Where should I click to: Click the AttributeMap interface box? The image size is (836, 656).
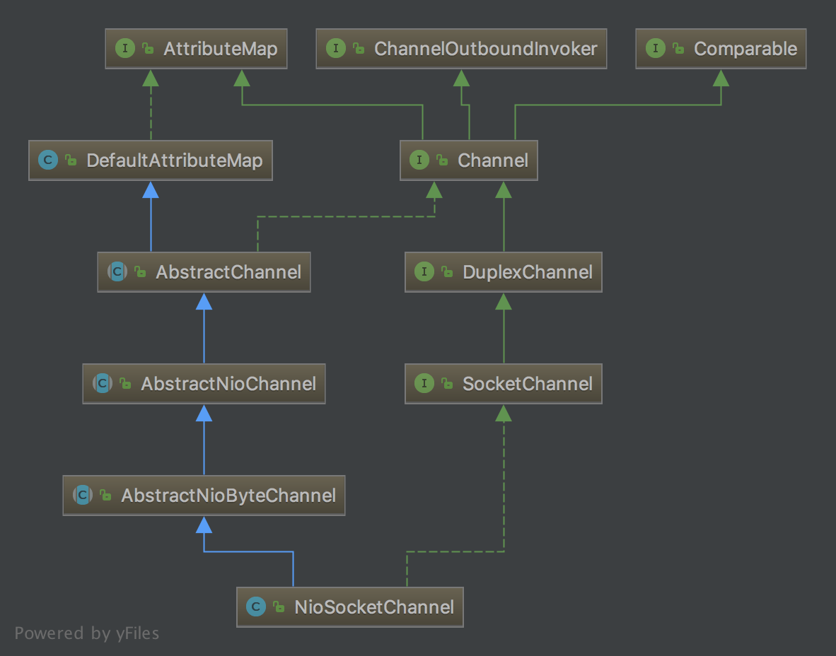[196, 49]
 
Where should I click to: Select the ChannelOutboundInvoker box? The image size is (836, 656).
[461, 49]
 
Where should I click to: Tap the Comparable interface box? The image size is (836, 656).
[721, 49]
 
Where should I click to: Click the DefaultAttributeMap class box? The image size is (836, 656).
[151, 160]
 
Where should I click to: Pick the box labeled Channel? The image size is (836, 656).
[469, 160]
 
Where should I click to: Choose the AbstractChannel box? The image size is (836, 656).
[204, 271]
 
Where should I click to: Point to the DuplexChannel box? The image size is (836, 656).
[504, 271]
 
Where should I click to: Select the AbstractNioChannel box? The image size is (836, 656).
[204, 384]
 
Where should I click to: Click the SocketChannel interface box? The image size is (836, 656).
[504, 384]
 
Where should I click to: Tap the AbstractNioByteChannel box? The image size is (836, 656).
[204, 495]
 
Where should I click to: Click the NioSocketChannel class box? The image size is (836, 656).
[350, 607]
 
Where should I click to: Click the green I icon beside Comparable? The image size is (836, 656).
[655, 49]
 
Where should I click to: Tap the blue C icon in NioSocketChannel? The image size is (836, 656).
[256, 607]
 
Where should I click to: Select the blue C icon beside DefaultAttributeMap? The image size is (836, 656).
[48, 160]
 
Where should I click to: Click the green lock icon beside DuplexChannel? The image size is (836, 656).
[447, 271]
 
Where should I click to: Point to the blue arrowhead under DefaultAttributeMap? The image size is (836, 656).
[151, 189]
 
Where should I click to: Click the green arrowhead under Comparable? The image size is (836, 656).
[721, 78]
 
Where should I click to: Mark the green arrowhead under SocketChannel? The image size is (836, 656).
[504, 413]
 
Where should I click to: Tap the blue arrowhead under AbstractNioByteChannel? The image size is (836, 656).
[204, 525]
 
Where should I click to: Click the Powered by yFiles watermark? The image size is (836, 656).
[87, 633]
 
